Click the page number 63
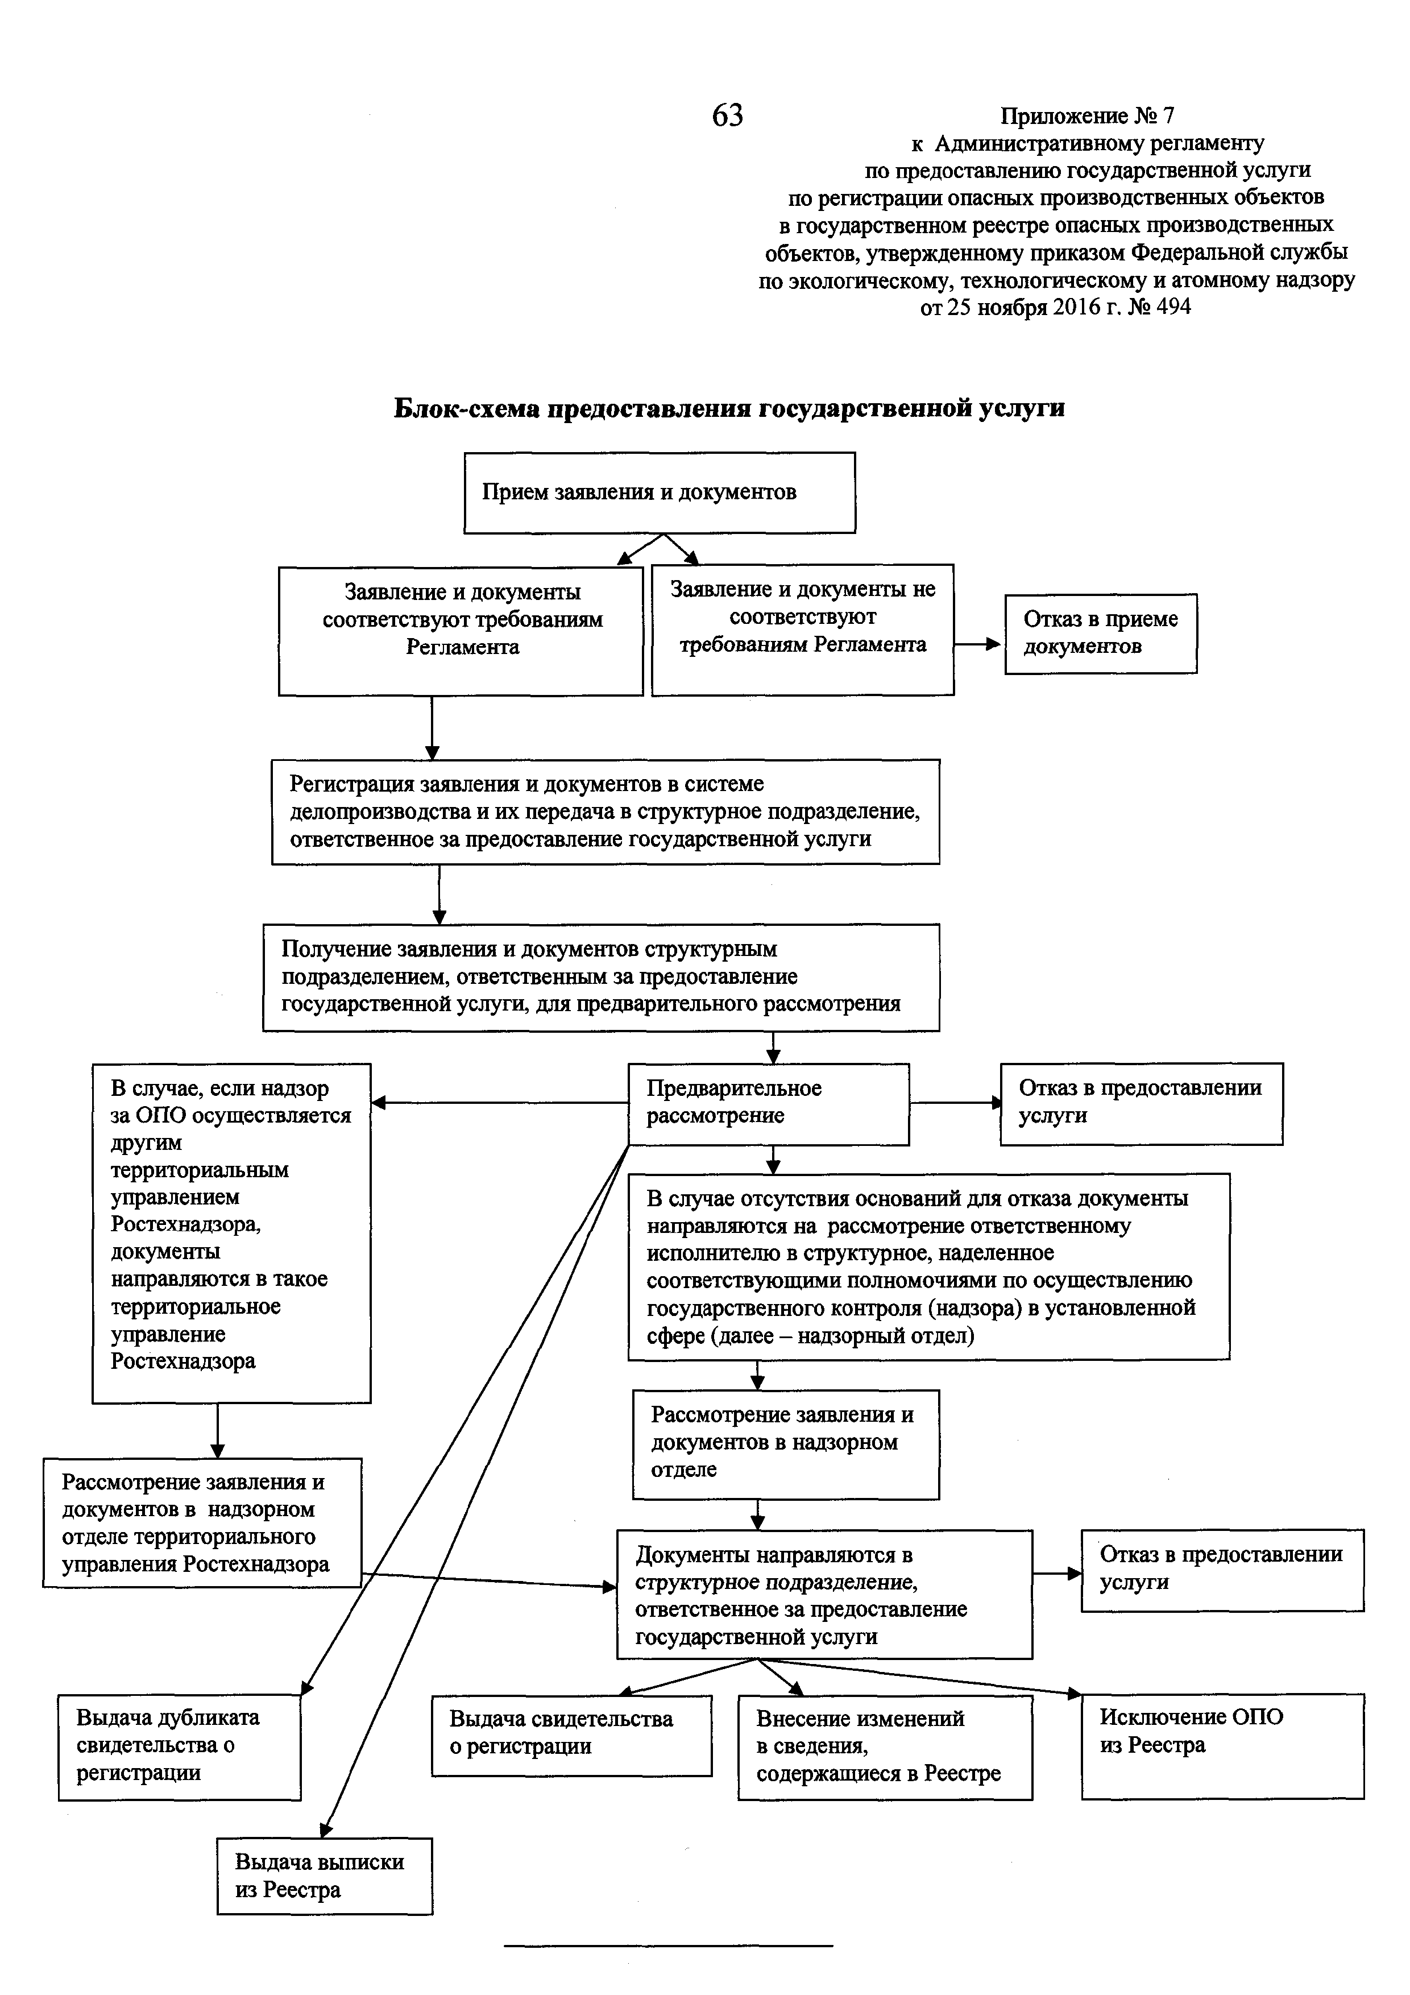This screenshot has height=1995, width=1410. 727,115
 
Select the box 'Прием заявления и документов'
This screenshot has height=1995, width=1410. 660,492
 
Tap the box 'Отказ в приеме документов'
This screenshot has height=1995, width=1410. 1101,634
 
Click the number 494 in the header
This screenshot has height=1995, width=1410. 1173,307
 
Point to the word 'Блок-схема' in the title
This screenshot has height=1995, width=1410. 466,408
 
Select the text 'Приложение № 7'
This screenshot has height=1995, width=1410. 1087,115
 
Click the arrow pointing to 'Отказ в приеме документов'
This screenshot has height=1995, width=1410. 979,645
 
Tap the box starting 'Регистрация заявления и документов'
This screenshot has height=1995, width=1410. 605,812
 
